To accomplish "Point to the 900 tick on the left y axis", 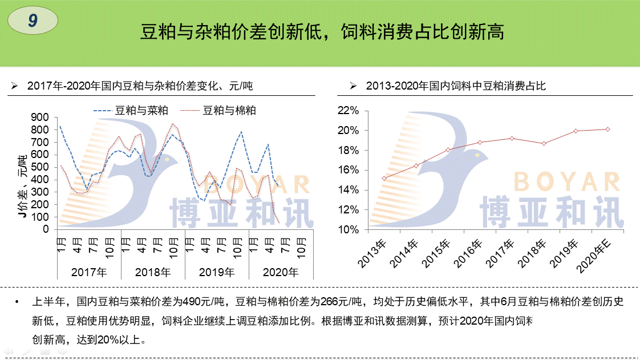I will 41,117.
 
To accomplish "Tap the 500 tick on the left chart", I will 41,167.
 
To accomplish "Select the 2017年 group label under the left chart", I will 88,272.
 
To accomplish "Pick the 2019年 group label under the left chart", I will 217,272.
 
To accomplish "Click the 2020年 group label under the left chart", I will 281,272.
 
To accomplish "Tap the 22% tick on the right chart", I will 348,111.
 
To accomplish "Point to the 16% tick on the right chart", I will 348,170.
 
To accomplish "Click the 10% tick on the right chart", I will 348,229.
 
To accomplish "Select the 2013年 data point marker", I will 384,178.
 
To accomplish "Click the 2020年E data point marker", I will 608,129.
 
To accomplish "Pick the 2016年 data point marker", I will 480,142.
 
